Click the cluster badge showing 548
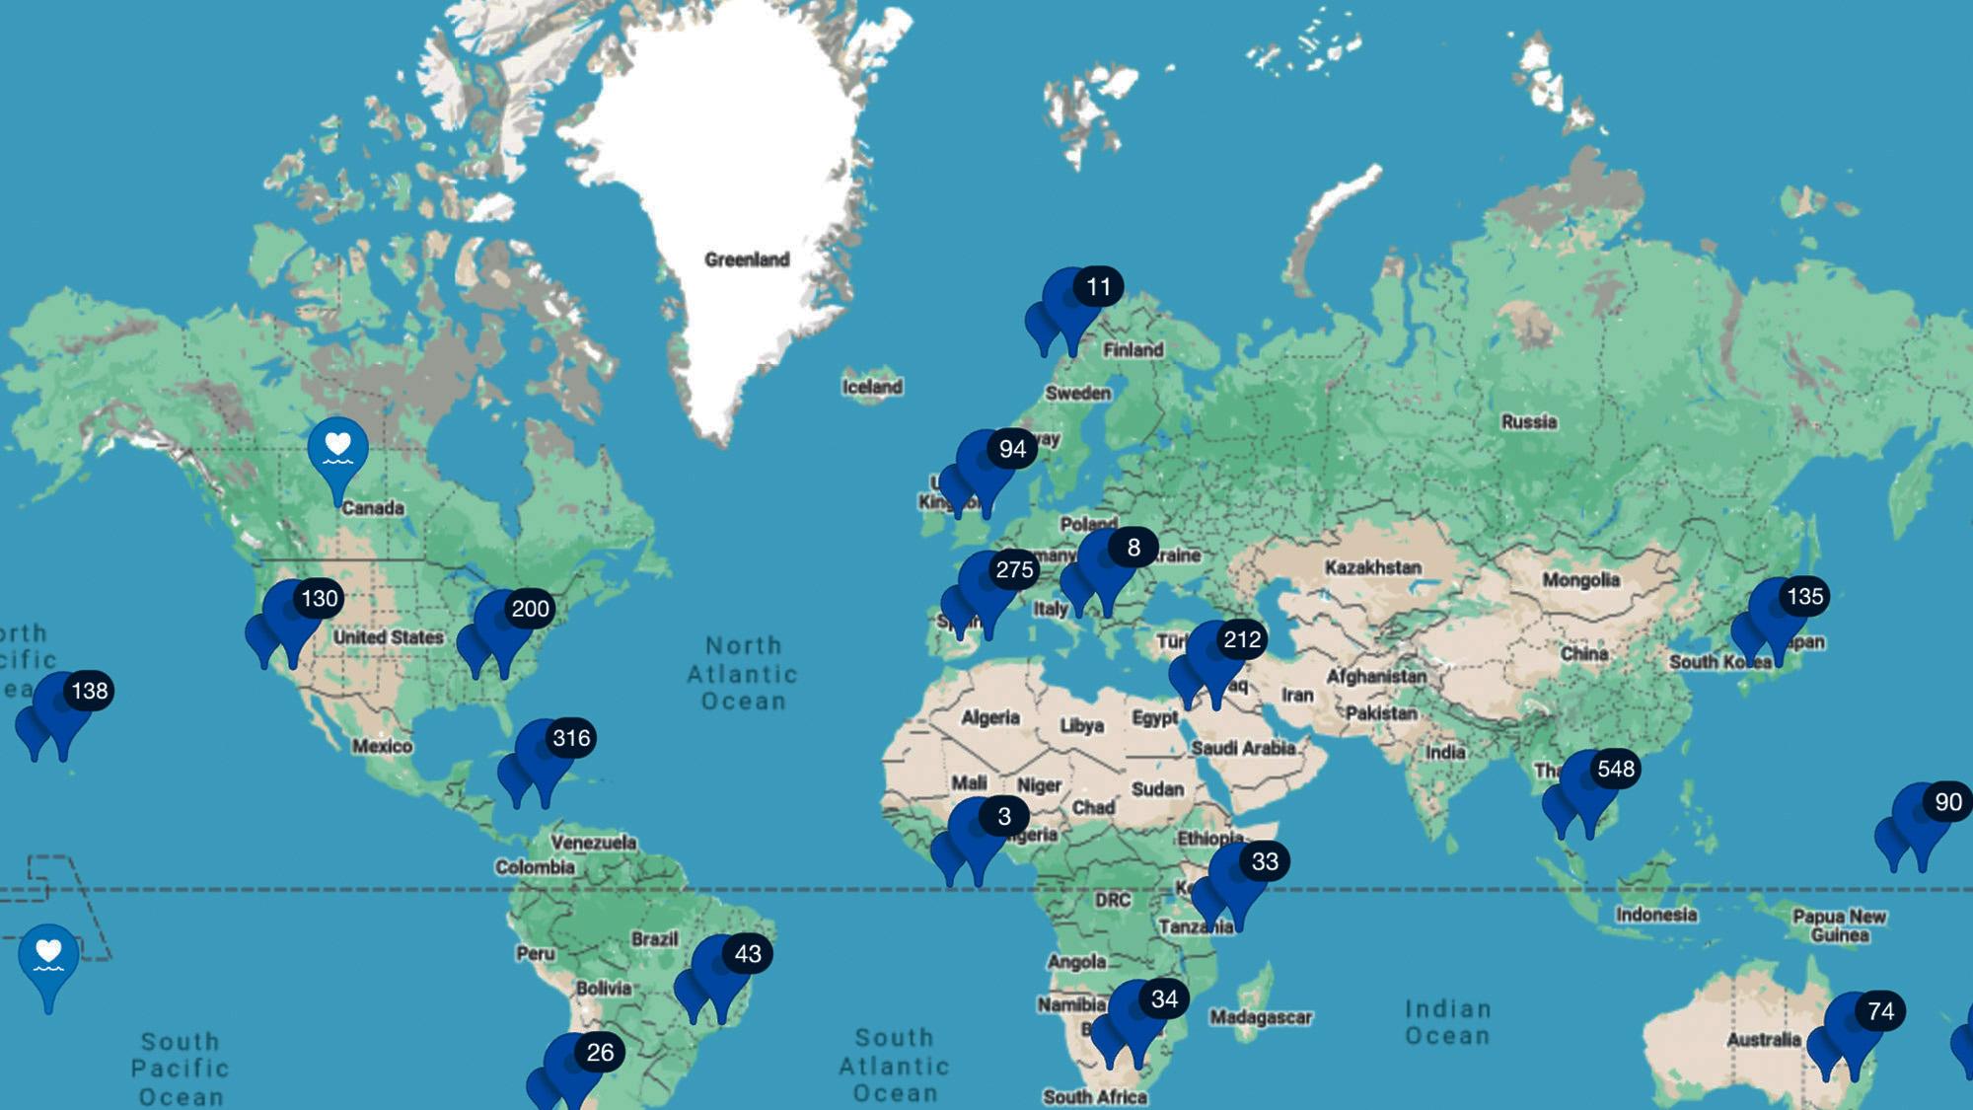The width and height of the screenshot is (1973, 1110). click(1615, 769)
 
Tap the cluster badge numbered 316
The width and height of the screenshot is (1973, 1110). click(571, 738)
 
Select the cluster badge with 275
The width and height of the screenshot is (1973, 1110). click(1014, 569)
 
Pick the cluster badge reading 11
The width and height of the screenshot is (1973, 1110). click(1098, 287)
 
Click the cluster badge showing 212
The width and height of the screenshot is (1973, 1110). click(1242, 639)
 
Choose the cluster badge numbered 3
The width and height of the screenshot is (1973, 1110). click(1003, 816)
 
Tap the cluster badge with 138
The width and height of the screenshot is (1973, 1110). click(90, 691)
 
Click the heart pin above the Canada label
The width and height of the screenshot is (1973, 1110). click(337, 450)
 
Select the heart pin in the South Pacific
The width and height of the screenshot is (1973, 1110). click(48, 956)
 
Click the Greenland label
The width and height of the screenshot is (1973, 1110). click(747, 259)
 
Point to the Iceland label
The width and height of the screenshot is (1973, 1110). click(872, 387)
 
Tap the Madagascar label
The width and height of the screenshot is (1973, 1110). click(1260, 1016)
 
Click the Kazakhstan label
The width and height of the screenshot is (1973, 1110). click(1372, 567)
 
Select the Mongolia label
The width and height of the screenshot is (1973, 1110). click(1580, 580)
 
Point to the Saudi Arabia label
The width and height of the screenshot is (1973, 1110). click(1242, 748)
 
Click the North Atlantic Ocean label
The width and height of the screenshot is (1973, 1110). click(743, 673)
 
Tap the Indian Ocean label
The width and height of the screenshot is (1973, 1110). click(1447, 1021)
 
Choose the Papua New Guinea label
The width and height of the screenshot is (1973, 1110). click(1839, 925)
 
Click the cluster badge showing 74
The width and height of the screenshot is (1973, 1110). click(1880, 1011)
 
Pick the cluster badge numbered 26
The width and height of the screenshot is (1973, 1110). click(600, 1053)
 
